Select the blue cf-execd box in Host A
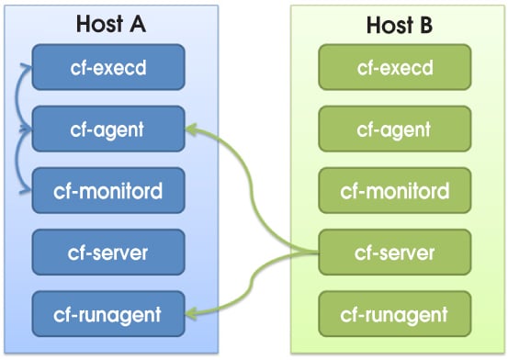108,68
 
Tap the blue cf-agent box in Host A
108,129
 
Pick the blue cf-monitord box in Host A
108,191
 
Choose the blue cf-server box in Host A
108,253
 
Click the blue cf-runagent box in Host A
108,314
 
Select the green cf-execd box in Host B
394,68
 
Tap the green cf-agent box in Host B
394,129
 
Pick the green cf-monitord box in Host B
394,191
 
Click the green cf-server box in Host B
394,253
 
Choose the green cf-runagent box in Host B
394,314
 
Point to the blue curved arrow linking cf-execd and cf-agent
18,97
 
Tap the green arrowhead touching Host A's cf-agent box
191,130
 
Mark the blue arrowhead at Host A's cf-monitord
28,192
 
